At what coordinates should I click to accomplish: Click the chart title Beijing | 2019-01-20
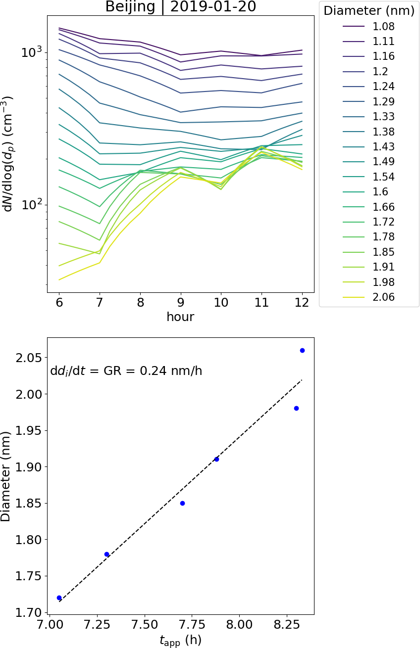point(180,7)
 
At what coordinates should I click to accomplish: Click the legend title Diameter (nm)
point(369,10)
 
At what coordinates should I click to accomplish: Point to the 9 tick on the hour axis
point(181,302)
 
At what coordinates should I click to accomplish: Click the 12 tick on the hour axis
point(302,302)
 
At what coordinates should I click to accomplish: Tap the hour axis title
point(180,317)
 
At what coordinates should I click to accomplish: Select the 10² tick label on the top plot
point(32,205)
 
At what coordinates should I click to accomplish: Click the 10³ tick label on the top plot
point(32,52)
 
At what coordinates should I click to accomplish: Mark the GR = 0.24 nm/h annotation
point(126,371)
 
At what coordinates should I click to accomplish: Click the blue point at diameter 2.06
point(302,350)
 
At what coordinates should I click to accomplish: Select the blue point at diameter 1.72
point(59,598)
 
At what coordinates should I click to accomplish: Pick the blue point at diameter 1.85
point(182,503)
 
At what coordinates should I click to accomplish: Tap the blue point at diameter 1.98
point(296,408)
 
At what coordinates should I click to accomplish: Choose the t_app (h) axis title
point(180,640)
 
